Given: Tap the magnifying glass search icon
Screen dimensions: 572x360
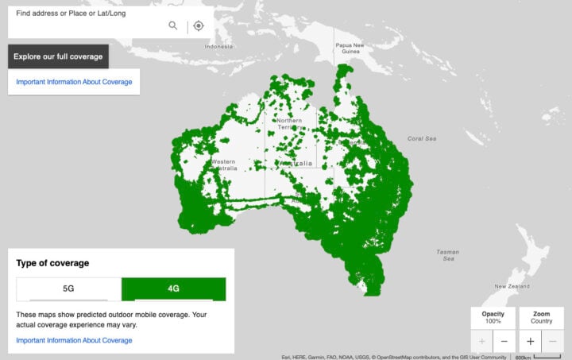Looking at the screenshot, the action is click(x=173, y=25).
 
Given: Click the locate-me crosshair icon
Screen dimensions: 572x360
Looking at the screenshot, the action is click(x=199, y=25).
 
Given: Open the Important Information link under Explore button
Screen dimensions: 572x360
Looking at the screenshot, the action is click(x=74, y=82).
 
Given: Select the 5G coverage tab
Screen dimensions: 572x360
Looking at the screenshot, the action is click(x=68, y=289).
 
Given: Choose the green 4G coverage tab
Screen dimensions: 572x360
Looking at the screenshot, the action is click(x=173, y=289).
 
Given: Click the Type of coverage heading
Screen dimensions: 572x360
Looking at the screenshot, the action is click(x=52, y=263).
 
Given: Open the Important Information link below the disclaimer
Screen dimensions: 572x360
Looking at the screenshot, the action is click(x=74, y=340).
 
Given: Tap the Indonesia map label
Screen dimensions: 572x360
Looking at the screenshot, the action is click(x=218, y=46).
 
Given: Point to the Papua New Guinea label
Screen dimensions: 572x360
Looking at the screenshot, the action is click(x=349, y=48).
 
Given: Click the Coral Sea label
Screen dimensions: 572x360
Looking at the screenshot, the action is click(x=422, y=138).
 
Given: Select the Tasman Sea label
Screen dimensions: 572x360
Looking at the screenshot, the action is click(x=447, y=255).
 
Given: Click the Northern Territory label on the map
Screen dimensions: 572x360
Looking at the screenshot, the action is click(x=289, y=123).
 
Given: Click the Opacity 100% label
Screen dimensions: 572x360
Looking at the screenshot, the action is click(x=493, y=317).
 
